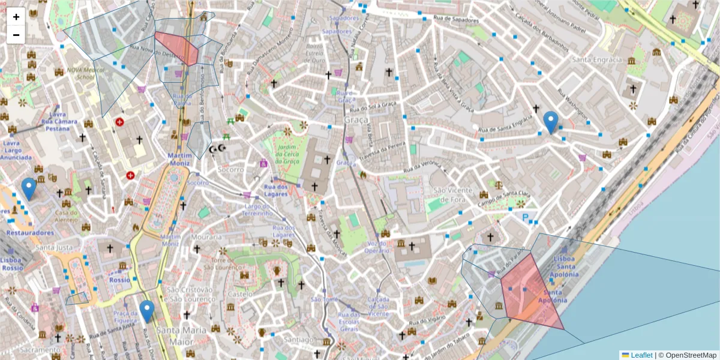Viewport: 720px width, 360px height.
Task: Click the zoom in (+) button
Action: click(16, 17)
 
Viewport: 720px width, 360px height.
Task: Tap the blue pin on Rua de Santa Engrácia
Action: click(550, 122)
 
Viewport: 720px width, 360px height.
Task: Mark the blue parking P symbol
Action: click(526, 218)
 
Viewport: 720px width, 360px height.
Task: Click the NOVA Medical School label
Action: click(80, 73)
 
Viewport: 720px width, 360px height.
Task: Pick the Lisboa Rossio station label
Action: click(13, 264)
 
